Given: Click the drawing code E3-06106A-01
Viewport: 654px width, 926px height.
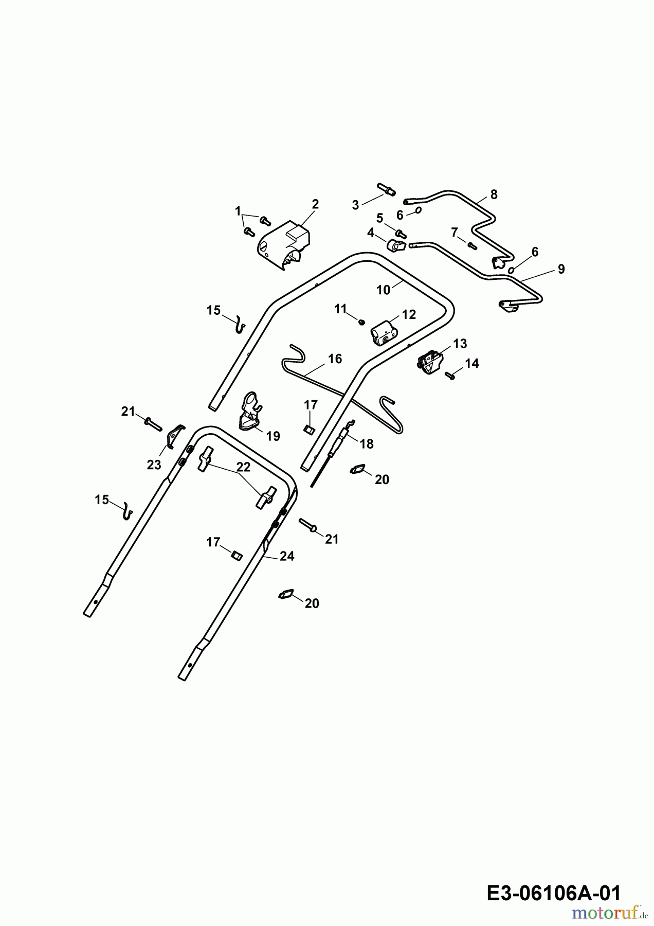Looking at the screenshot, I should tap(553, 893).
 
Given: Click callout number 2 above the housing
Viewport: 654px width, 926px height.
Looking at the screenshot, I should tap(315, 204).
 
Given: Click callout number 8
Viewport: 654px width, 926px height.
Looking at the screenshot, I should tap(494, 194).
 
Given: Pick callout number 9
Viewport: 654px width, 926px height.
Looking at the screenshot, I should tap(561, 269).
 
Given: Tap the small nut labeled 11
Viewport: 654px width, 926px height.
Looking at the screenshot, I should tap(361, 322).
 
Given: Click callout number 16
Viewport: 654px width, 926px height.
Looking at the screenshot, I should tap(335, 359).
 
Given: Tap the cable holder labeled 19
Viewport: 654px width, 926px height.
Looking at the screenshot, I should tap(249, 411).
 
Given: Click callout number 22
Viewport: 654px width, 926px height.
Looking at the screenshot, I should tap(243, 467).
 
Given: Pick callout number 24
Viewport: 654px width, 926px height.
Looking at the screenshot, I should tap(287, 556).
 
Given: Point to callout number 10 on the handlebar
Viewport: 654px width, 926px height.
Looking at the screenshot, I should tap(384, 290).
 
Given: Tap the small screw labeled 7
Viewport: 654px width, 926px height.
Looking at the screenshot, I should tap(473, 245).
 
